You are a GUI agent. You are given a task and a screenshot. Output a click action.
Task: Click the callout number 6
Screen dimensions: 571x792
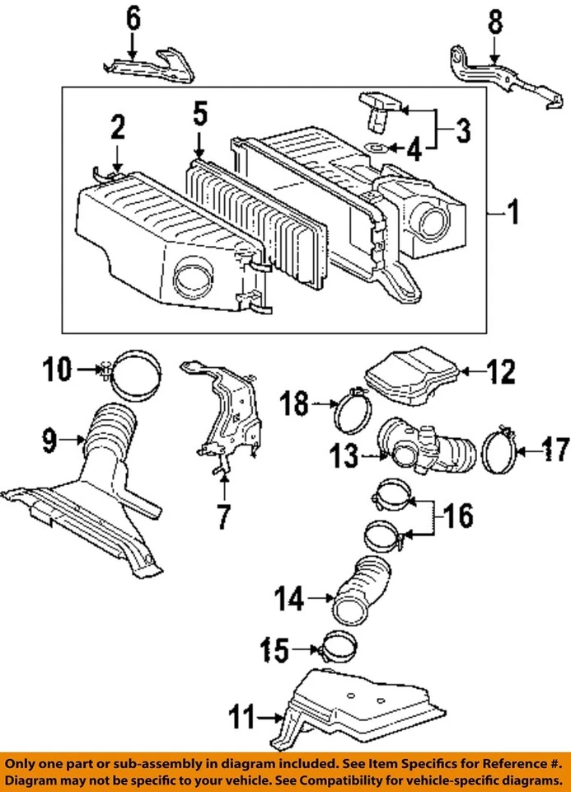click(x=133, y=19)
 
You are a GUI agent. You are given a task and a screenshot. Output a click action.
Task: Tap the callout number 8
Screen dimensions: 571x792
click(x=495, y=23)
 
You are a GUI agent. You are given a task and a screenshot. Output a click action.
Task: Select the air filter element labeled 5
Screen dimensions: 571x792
click(x=256, y=221)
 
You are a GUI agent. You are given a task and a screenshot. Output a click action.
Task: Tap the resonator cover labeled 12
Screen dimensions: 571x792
click(x=411, y=376)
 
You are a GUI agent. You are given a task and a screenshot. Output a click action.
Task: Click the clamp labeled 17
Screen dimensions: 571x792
click(x=498, y=449)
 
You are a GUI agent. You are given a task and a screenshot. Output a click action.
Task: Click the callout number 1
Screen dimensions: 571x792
click(x=513, y=212)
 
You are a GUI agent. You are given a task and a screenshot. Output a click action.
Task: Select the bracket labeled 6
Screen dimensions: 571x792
click(x=149, y=66)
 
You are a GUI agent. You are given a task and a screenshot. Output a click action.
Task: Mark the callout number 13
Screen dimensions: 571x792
click(x=344, y=455)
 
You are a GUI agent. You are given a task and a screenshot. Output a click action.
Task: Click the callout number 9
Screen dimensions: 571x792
click(x=49, y=440)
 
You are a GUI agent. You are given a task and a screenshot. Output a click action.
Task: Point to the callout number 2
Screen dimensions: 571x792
click(x=117, y=127)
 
